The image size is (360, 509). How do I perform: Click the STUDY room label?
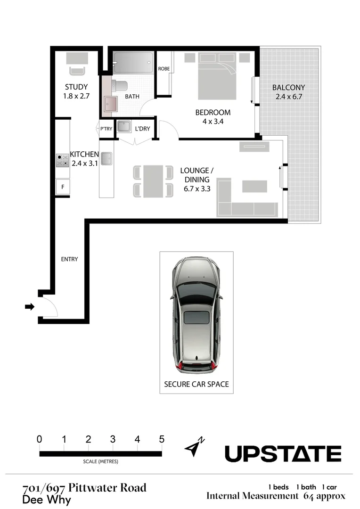(x=76, y=87)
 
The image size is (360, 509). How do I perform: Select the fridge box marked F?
(x=63, y=187)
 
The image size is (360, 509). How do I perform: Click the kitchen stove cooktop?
(x=62, y=161)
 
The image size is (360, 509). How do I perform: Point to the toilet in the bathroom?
(x=120, y=86)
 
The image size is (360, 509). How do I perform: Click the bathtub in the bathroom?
(x=133, y=62)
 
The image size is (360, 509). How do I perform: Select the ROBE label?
(x=164, y=69)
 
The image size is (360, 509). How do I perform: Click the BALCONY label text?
(x=288, y=87)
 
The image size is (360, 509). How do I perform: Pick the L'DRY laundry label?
(x=143, y=129)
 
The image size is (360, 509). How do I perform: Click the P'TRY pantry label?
(x=106, y=129)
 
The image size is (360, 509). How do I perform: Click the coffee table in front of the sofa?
(x=254, y=186)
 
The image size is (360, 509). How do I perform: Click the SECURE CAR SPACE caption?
(x=196, y=384)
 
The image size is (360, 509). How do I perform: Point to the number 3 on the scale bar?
(x=113, y=439)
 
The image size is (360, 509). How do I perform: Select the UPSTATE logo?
(x=283, y=454)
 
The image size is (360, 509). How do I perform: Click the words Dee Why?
(x=46, y=500)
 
